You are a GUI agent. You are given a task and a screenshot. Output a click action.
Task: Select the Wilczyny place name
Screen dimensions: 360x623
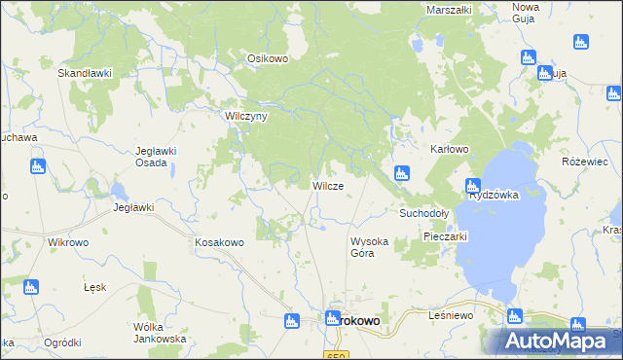pos(246,115)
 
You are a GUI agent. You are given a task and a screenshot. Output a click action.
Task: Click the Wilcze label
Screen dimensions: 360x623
pos(326,186)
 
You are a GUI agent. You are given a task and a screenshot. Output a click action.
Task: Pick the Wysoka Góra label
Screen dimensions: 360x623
pos(369,246)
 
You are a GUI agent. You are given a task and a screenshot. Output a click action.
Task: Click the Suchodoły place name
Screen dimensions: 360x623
pos(423,212)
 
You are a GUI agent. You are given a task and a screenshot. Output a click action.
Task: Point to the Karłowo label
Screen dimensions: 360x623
pos(450,149)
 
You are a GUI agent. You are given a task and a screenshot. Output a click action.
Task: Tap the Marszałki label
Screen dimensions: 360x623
pos(449,10)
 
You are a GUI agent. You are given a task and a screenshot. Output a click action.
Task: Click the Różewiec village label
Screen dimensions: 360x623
pos(585,161)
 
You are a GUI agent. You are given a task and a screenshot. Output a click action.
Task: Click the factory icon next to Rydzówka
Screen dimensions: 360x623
pos(472,185)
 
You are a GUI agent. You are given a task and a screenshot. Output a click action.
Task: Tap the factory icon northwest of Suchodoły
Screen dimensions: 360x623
pos(401,173)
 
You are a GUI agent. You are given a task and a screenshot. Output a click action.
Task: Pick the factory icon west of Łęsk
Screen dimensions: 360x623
pos(30,287)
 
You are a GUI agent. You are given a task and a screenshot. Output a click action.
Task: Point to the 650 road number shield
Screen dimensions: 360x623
pos(336,355)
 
